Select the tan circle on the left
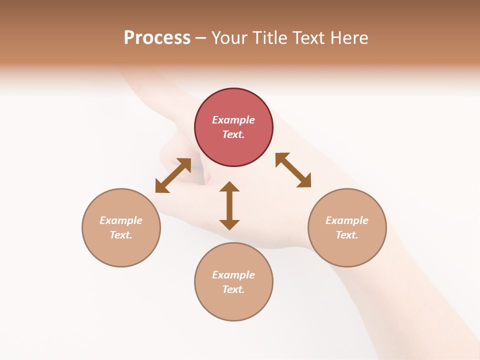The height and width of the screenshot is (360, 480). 121,227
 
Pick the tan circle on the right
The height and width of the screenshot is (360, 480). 347,227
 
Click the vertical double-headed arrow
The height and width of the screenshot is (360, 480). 229,205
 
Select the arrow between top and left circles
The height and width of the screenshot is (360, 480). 173,175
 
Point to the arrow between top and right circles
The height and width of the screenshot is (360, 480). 293,170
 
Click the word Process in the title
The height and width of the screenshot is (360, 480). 157,38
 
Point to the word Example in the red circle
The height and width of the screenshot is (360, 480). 233,120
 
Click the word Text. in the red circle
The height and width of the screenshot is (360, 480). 233,134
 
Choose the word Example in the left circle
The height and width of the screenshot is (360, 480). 121,220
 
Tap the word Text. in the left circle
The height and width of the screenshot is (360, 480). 121,235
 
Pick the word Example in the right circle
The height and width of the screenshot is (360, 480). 347,220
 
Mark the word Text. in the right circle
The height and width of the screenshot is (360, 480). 347,235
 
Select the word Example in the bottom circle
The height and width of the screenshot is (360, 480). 233,275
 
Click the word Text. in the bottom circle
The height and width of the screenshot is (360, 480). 233,289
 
